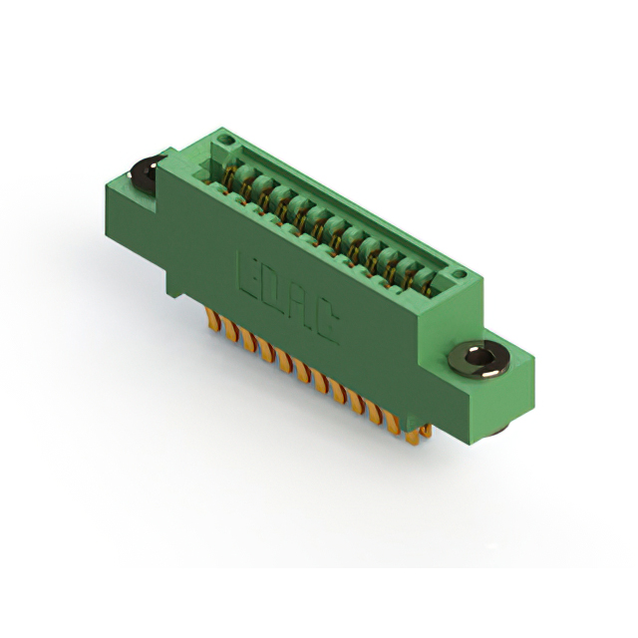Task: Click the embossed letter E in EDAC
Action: (x=249, y=275)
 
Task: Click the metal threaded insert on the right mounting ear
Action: (x=478, y=359)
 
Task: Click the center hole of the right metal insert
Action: (x=478, y=358)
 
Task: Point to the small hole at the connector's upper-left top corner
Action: (x=226, y=141)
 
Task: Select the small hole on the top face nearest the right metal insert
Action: (x=458, y=274)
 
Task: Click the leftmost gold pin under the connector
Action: (x=211, y=318)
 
